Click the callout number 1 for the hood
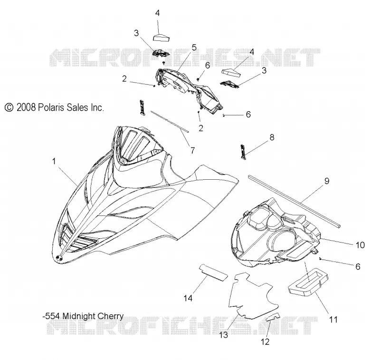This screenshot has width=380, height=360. coord(54,161)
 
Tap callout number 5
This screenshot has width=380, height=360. coord(194,47)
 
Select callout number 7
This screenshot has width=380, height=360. coord(192,151)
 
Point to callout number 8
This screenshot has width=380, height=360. coord(272,137)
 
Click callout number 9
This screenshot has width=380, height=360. coord(327,181)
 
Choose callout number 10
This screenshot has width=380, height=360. coord(360,245)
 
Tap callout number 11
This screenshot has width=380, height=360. coord(333,320)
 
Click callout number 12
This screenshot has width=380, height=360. coord(265,342)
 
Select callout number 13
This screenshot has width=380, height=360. coord(223,335)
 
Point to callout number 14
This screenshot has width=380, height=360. coord(188,298)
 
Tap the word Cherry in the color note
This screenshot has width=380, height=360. coord(110,316)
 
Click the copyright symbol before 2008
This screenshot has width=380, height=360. coord(9,107)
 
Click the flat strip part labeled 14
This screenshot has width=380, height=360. coord(213,272)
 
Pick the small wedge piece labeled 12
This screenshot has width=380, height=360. coord(273,317)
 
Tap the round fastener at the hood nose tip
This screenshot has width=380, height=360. coord(58,258)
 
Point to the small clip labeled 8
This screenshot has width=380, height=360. coord(243,152)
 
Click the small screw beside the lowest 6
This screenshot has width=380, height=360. coord(321,259)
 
